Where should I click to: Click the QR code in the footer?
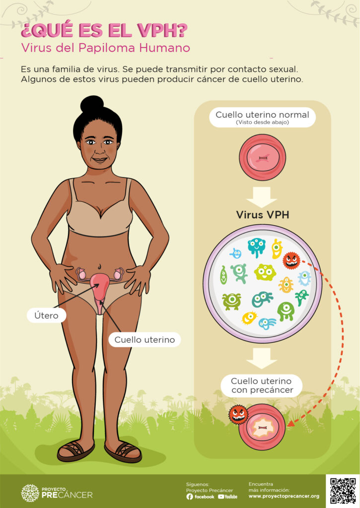pyautogui.click(x=343, y=490)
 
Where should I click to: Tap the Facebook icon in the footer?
pyautogui.click(x=190, y=496)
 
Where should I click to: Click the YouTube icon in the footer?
pyautogui.click(x=221, y=496)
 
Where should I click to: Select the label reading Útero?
pyautogui.click(x=47, y=315)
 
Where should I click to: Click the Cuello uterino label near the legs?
pyautogui.click(x=144, y=340)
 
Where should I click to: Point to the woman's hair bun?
pyautogui.click(x=92, y=104)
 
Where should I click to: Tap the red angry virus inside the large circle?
pyautogui.click(x=291, y=260)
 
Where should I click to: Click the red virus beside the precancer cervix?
pyautogui.click(x=238, y=415)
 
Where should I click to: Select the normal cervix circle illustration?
pyautogui.click(x=262, y=157)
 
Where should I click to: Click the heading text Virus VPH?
pyautogui.click(x=262, y=215)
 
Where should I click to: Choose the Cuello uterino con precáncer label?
pyautogui.click(x=262, y=385)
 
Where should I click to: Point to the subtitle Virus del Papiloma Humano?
pyautogui.click(x=105, y=48)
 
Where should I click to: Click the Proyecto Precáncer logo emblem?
pyautogui.click(x=30, y=493)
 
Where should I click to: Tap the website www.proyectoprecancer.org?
pyautogui.click(x=284, y=496)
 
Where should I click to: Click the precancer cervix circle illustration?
pyautogui.click(x=262, y=427)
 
